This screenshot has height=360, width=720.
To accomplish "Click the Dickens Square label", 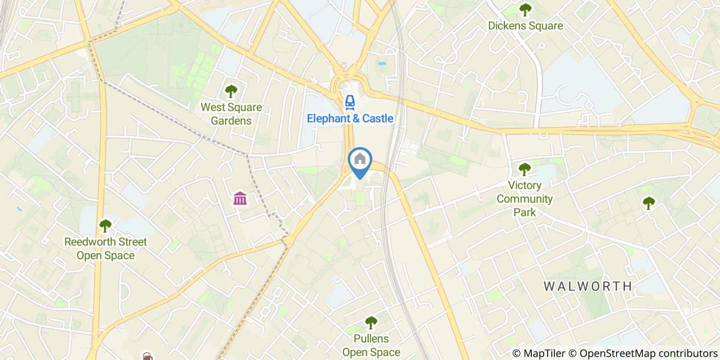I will click(x=525, y=26).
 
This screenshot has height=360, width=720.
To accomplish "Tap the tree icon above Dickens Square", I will click(x=525, y=9).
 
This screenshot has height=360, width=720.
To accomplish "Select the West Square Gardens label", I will click(x=231, y=114).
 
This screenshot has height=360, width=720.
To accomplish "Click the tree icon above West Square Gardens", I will click(x=231, y=92).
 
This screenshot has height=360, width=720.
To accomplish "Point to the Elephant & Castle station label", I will click(x=350, y=118).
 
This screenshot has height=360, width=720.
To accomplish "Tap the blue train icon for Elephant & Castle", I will click(x=350, y=101).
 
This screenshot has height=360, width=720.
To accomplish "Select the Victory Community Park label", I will click(x=525, y=199).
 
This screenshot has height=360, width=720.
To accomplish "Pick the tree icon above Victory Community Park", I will click(x=524, y=169).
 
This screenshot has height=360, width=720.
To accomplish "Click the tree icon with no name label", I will click(x=649, y=203).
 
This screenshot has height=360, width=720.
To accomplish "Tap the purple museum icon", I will click(x=240, y=198).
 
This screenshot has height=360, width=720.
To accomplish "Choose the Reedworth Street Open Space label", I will click(x=105, y=248).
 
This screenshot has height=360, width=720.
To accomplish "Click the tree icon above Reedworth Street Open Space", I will click(x=105, y=225).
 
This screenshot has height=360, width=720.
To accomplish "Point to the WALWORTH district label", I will click(x=587, y=286).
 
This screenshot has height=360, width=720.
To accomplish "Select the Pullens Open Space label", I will click(x=371, y=346).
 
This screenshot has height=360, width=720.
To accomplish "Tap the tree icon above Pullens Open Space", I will click(x=371, y=322).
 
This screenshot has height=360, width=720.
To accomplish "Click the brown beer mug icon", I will click(x=147, y=356).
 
